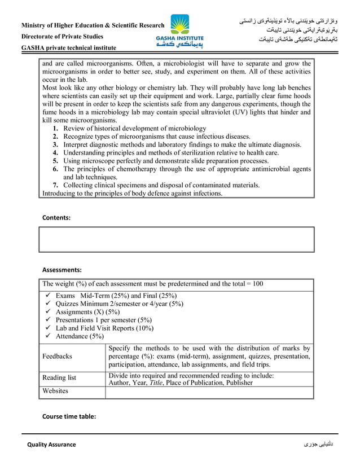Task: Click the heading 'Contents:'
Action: (x=57, y=217)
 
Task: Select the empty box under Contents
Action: (x=176, y=239)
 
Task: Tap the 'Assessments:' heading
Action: (x=62, y=270)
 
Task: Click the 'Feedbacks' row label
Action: (x=57, y=357)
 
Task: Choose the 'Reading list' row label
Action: (x=59, y=377)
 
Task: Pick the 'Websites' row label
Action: (x=55, y=390)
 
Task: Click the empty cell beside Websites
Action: (x=209, y=392)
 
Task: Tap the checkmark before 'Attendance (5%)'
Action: (x=48, y=336)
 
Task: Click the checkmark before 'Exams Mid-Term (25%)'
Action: (x=48, y=296)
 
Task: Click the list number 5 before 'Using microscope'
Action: (x=56, y=161)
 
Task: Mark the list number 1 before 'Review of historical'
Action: (x=56, y=129)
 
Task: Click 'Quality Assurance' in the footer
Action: (x=51, y=445)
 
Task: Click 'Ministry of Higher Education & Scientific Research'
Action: (x=93, y=25)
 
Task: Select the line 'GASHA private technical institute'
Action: (x=69, y=48)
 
